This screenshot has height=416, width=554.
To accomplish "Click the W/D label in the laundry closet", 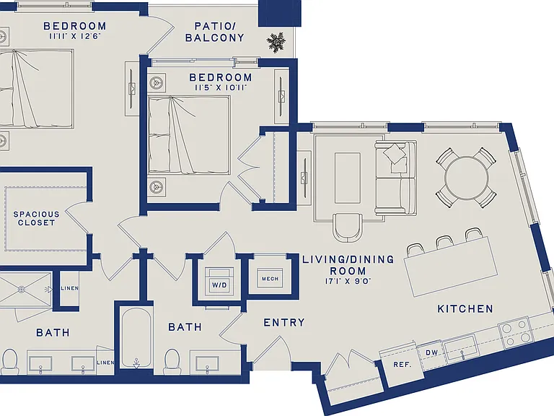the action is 219,285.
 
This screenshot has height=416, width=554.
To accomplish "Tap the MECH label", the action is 271,279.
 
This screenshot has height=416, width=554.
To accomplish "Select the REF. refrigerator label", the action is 402,364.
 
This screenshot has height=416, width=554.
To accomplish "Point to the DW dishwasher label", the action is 431,352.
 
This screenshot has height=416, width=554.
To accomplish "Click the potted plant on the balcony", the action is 276,43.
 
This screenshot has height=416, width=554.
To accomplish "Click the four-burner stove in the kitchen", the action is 514,332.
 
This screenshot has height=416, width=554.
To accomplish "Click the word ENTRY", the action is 284,323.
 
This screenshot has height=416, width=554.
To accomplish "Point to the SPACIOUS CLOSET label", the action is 36,219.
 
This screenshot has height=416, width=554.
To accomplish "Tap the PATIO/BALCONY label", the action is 215,32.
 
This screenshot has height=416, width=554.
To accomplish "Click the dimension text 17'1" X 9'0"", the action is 348,282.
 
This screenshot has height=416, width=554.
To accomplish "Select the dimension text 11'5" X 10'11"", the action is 221,87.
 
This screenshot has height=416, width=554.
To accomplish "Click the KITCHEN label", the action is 465,309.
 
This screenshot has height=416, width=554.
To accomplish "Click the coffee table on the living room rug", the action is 348,178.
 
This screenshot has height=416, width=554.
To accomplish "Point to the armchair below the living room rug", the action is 348,227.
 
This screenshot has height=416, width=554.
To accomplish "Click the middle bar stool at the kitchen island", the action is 445,243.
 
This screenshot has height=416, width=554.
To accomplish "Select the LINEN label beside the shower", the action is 69,288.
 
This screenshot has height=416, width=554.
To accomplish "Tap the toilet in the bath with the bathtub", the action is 172,361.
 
